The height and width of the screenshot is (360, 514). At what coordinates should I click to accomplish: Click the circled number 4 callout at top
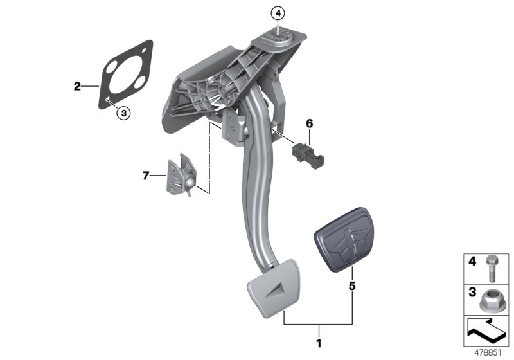point(277,12)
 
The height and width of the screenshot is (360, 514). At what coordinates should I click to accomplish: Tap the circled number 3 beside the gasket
point(123,113)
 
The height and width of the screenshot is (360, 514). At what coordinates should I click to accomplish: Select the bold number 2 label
point(77,85)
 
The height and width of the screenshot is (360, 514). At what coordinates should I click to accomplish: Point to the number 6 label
point(309,122)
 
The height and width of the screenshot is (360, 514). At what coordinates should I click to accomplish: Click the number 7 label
point(145,174)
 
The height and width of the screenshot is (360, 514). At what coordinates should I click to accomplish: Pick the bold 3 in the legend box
point(472,292)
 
